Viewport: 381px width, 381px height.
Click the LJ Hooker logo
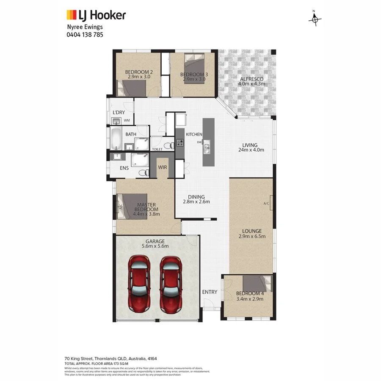[96, 16]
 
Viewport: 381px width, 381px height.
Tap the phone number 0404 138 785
[85, 35]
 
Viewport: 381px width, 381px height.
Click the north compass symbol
[315, 19]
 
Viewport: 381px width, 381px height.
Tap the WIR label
[163, 168]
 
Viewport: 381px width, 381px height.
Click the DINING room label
[196, 197]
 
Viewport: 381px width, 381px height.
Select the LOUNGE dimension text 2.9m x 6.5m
[252, 236]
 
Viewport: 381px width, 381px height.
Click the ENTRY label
[210, 292]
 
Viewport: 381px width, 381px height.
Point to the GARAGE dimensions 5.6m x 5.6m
[155, 246]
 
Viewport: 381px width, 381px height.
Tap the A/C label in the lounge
[266, 204]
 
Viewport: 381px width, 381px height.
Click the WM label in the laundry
[127, 121]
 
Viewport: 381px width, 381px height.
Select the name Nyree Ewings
[85, 27]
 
